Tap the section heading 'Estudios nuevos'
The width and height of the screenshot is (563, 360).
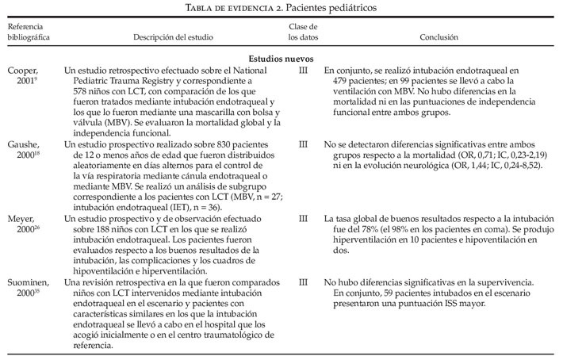[281, 59]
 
